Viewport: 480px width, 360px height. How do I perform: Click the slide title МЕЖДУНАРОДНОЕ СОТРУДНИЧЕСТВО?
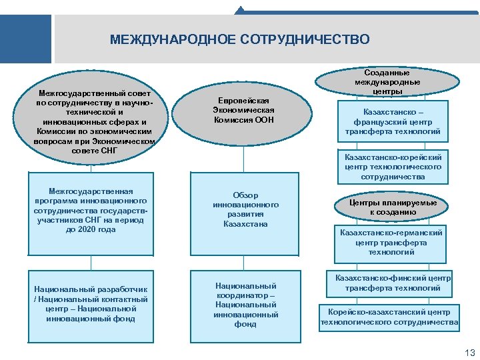pos(239,40)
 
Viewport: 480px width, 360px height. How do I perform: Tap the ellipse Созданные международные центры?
pos(387,81)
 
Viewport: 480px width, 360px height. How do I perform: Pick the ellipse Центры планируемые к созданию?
pos(393,207)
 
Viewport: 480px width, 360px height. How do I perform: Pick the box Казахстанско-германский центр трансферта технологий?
pos(391,242)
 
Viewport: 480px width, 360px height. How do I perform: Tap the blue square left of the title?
pos(25,39)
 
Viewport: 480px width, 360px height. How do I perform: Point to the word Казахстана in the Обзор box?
pos(245,224)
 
